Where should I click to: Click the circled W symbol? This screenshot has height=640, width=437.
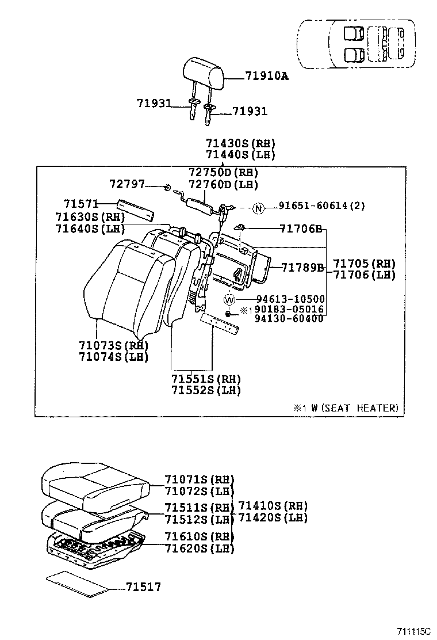tap(229, 299)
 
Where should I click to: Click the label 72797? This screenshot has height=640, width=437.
tap(126, 184)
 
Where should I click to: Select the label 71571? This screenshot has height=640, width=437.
tap(80, 204)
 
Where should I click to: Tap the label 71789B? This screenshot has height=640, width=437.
tap(303, 266)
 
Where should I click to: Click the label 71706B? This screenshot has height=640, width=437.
tap(302, 228)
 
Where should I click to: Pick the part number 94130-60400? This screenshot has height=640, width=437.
tap(289, 319)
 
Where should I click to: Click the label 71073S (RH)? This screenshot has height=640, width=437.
tap(114, 345)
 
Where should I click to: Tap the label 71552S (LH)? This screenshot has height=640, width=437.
tap(205, 390)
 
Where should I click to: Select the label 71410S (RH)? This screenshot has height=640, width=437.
tap(273, 506)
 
